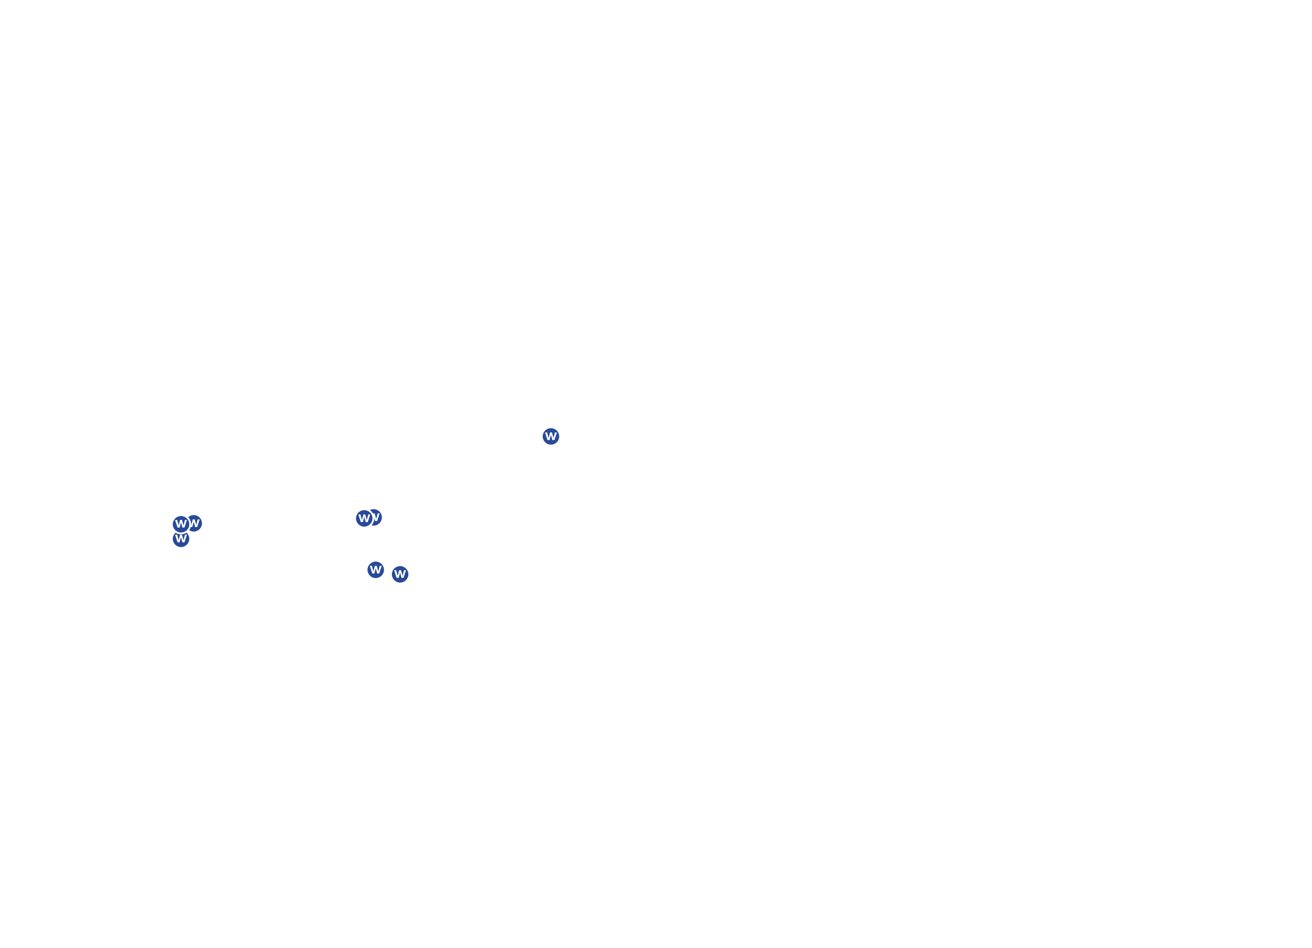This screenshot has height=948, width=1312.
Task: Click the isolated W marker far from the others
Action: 550,437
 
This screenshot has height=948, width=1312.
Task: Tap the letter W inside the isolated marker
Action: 550,437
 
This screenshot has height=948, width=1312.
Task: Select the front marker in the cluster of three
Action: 181,525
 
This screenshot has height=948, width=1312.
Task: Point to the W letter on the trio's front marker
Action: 181,525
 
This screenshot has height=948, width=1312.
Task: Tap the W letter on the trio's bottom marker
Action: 181,539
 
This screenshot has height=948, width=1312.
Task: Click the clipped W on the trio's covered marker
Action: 195,523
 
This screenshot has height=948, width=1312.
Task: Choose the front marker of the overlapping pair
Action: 364,519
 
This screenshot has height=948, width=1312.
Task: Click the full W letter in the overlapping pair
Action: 364,519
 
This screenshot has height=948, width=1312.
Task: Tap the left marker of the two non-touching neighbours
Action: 376,570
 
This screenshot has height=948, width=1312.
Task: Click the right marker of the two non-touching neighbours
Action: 400,575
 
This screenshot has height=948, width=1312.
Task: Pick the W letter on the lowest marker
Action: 400,575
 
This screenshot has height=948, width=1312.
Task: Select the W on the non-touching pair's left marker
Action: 376,570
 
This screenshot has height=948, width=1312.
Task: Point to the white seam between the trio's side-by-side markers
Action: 190,524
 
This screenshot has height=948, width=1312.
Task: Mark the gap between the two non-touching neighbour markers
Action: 388,572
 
